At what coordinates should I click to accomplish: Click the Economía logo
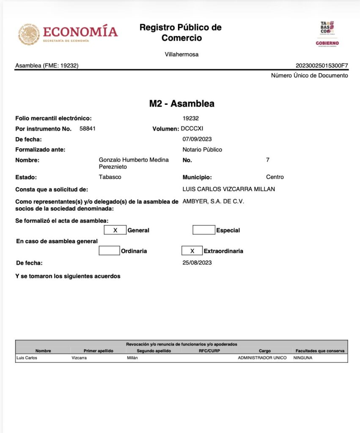click(68, 34)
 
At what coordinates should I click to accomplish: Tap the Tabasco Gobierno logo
click(327, 34)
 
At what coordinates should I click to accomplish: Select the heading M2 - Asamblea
click(181, 104)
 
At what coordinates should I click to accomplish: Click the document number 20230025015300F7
click(322, 66)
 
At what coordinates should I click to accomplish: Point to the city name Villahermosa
click(181, 55)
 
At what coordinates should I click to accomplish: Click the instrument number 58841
click(88, 129)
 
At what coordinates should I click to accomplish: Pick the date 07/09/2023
click(197, 139)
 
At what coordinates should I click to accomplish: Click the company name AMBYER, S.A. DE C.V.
click(213, 202)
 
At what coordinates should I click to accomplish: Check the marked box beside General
click(115, 230)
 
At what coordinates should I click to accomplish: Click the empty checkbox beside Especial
click(203, 230)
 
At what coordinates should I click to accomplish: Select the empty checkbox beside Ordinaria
click(109, 251)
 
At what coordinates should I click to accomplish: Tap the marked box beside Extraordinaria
click(192, 251)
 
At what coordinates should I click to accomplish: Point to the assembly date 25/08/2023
click(197, 263)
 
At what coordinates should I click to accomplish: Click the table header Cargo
click(265, 351)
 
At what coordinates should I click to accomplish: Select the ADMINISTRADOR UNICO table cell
click(262, 358)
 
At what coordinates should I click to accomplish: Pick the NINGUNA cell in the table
click(303, 358)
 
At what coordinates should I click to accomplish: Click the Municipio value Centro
click(275, 177)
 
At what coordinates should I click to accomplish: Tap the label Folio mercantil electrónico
click(53, 118)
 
